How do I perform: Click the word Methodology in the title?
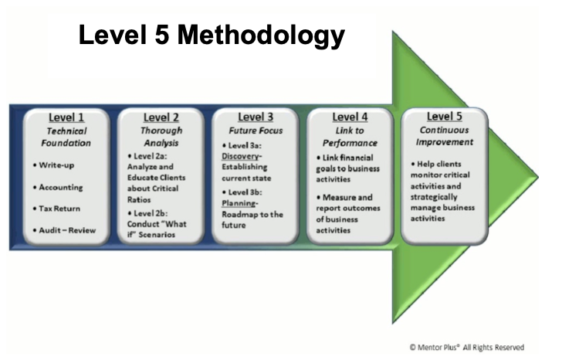coord(261,36)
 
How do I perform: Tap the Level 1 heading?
coord(66,117)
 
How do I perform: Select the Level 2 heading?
coord(161,117)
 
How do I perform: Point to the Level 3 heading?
coord(256,117)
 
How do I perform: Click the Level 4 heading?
coord(350,117)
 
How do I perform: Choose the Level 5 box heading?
coord(445,117)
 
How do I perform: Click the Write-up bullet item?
coord(53,165)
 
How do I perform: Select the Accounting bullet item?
coord(58,187)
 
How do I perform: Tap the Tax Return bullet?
coord(56,209)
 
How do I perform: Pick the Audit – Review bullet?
coord(64,230)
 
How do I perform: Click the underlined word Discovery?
coord(240,156)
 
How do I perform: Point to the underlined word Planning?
coord(239,203)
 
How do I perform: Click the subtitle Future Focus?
coord(256,131)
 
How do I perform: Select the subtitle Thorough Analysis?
coord(161,137)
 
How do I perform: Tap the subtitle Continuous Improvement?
coord(445,136)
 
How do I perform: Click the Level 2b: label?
coord(147,213)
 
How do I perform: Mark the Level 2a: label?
coord(147,156)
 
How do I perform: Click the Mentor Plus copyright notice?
coord(466,347)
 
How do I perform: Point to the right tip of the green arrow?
coord(539,178)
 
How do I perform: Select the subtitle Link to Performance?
coord(350,137)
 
